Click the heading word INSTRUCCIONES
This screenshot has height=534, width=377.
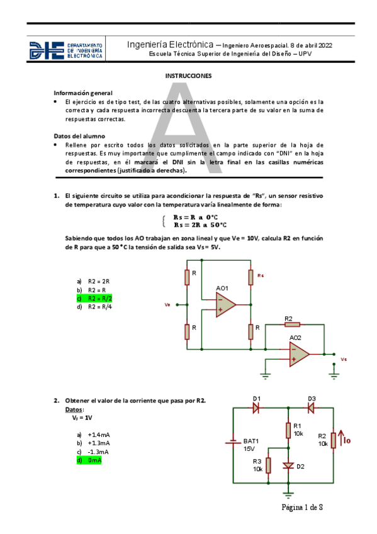188,76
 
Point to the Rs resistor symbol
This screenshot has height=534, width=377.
251,277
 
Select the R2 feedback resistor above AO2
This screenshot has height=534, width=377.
290,325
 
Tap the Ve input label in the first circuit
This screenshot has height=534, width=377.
167,305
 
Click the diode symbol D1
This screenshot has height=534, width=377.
256,407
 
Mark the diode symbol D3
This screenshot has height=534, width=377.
311,407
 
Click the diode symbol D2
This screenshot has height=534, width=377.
289,467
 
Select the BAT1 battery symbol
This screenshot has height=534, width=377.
233,441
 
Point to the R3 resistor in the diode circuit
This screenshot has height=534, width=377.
269,465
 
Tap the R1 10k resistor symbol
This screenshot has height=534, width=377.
289,430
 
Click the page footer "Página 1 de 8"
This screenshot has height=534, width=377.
302,507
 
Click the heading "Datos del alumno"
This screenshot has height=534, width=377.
79,135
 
